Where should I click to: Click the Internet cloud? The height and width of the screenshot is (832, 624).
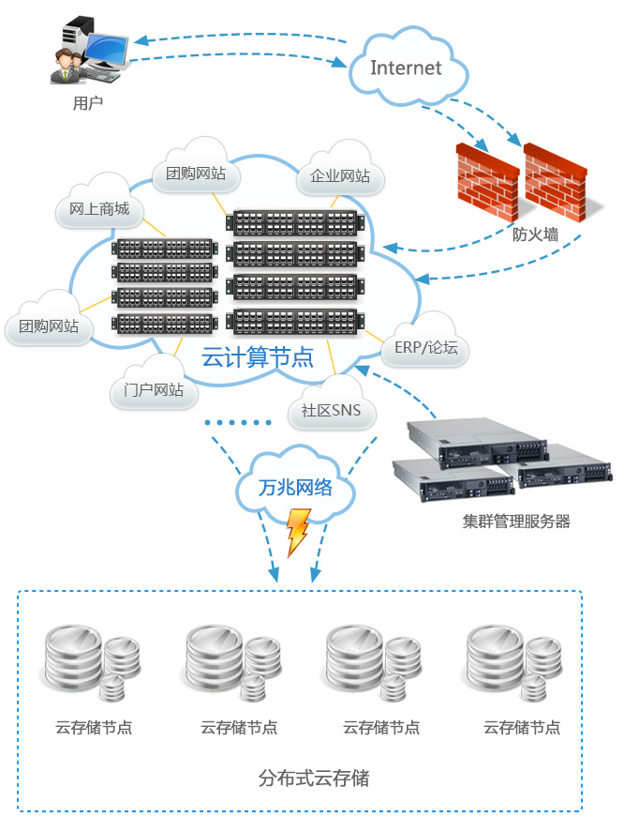tap(406, 68)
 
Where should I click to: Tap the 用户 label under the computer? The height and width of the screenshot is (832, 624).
tap(87, 103)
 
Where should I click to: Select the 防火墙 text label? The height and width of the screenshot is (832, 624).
tap(535, 234)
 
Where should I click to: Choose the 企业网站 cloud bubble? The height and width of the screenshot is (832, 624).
tap(340, 175)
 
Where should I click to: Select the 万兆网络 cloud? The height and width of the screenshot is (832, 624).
tap(295, 488)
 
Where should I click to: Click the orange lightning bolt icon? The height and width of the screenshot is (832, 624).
tap(298, 532)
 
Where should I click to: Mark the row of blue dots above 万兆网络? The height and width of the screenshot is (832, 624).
tap(237, 423)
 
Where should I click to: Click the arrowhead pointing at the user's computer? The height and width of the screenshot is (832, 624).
tap(139, 40)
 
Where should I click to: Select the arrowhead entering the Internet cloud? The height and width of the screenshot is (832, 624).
tap(342, 64)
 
